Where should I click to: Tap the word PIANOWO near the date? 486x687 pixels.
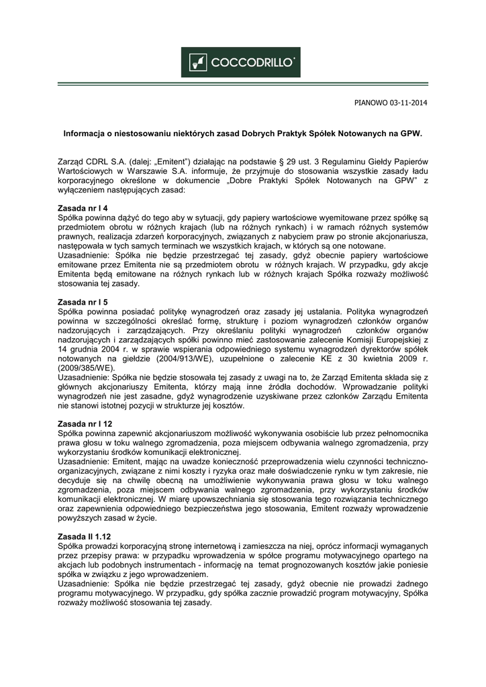pos(369,103)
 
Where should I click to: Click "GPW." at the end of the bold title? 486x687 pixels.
pos(411,134)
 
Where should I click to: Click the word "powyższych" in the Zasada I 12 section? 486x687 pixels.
pos(81,519)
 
